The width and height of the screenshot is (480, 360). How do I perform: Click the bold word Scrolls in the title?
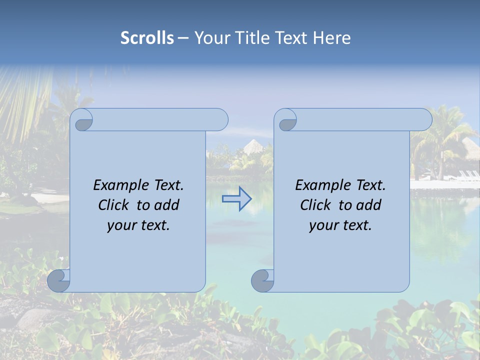pos(147,38)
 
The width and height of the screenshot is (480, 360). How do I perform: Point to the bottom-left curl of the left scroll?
pos(58,280)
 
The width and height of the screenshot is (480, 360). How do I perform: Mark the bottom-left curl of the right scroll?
pos(262,280)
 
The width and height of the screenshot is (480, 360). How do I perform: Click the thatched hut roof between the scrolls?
pos(253,146)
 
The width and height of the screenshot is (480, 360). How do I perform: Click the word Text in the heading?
pos(291,38)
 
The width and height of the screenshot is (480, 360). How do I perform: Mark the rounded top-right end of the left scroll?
pos(220,120)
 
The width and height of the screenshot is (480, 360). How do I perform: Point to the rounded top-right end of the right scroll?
pos(424,120)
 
